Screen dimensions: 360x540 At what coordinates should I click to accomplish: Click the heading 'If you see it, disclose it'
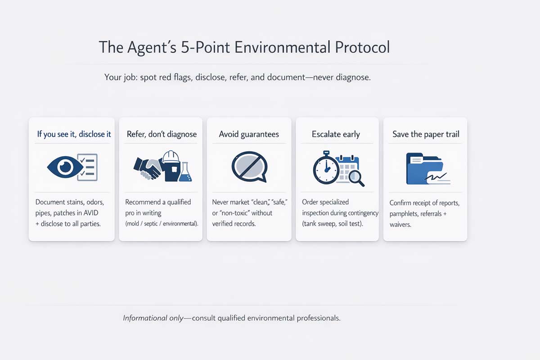74,134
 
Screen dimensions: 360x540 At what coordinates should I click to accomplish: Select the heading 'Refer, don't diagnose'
162,134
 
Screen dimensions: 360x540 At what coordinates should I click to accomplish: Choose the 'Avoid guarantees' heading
249,134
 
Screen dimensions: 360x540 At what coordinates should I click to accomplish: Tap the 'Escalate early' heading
336,134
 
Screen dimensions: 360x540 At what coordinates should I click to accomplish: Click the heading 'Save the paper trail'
426,134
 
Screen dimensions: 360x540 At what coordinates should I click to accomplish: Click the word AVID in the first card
95,213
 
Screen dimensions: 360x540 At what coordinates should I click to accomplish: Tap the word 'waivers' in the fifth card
400,224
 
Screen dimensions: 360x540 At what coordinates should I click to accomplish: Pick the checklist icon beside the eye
87,167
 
